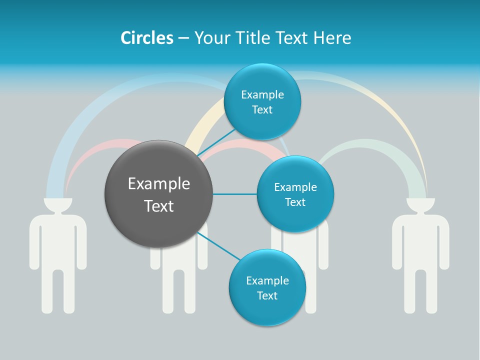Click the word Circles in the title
point(147,38)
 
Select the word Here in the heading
point(332,38)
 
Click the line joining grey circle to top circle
point(216,143)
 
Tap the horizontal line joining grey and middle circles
point(235,194)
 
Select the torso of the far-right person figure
point(420,240)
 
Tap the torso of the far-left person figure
point(58,240)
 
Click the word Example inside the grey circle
point(158,184)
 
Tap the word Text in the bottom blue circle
point(267,295)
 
